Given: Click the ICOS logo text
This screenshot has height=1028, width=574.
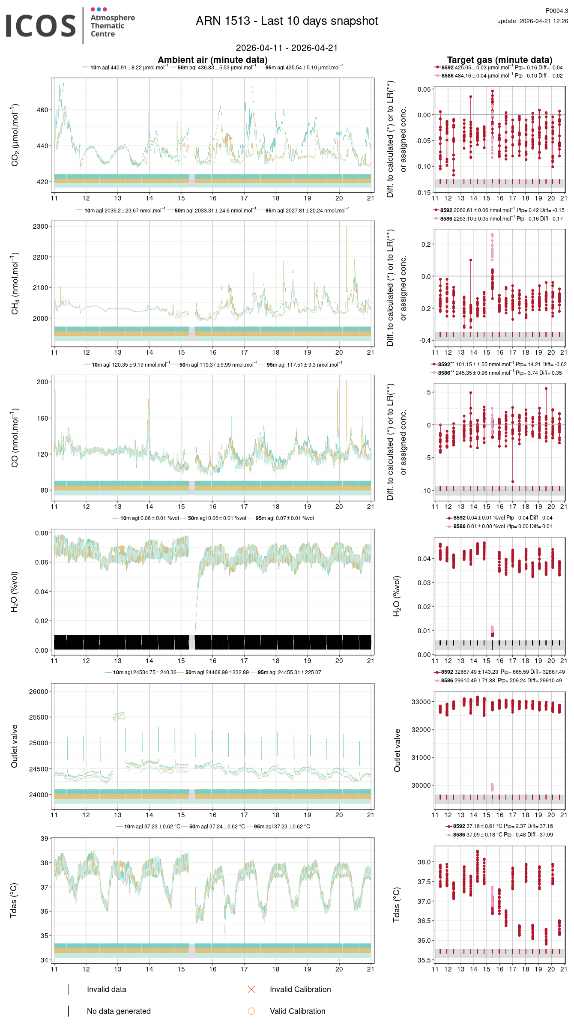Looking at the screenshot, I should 41,26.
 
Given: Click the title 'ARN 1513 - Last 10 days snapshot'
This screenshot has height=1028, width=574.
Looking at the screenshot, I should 287,21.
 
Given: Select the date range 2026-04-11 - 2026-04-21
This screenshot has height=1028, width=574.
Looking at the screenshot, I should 287,48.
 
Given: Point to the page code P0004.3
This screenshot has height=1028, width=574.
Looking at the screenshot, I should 556,11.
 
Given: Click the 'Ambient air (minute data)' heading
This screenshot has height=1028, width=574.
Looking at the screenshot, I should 212,60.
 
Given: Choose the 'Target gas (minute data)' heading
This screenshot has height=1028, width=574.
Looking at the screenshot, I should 499,60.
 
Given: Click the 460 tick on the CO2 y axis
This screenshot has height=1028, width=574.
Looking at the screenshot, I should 42,110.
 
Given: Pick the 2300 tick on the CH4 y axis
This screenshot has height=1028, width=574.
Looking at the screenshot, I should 41,227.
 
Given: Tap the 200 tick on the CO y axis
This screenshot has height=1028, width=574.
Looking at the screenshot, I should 42,382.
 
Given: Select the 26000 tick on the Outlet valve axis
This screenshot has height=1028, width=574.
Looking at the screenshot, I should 39,692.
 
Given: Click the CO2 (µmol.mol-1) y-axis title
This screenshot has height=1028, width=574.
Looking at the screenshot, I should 15,134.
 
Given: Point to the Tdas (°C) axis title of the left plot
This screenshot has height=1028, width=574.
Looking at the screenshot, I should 14,900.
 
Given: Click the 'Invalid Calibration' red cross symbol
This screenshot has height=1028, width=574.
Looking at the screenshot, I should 251,989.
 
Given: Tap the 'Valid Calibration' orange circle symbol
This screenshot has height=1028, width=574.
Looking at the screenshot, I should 251,1011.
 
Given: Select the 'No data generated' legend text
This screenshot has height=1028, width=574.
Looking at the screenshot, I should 119,1011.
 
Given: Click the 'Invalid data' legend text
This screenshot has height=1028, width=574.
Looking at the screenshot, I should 106,989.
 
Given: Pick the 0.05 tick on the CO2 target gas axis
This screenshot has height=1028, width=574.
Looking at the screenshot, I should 424,90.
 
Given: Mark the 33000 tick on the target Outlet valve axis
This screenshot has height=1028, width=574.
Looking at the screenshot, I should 421,702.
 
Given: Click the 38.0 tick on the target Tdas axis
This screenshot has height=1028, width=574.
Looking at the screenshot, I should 424,862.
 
